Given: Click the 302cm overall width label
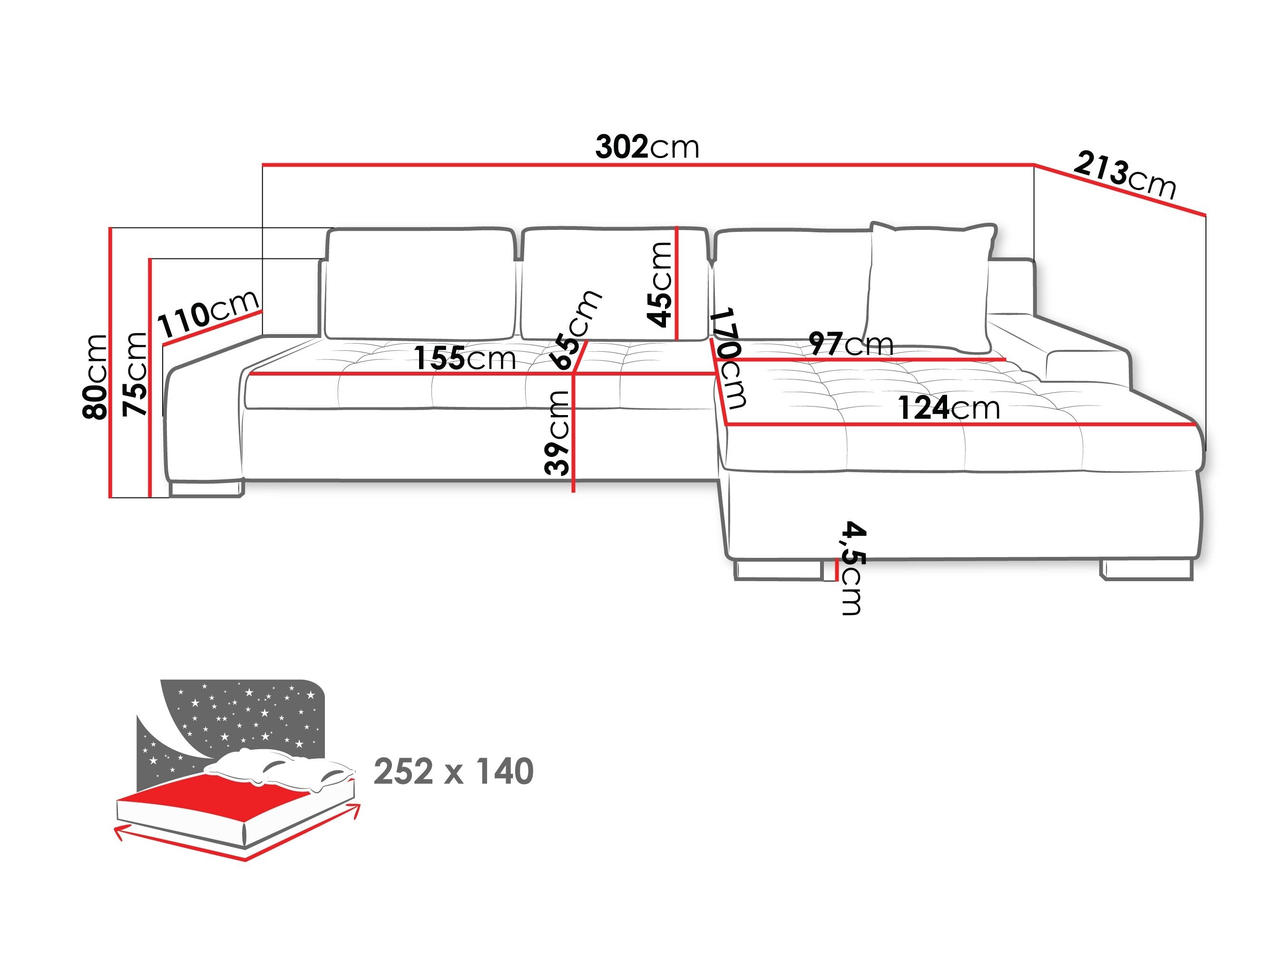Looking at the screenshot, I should click(647, 147).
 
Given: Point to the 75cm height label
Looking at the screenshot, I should click(135, 374).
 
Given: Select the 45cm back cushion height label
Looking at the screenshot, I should click(660, 285).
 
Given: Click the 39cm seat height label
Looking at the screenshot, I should click(557, 432).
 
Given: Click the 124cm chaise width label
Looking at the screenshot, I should click(949, 408).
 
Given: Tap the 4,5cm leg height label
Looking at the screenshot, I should click(852, 568).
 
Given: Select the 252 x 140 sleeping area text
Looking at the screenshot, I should click(453, 772).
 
